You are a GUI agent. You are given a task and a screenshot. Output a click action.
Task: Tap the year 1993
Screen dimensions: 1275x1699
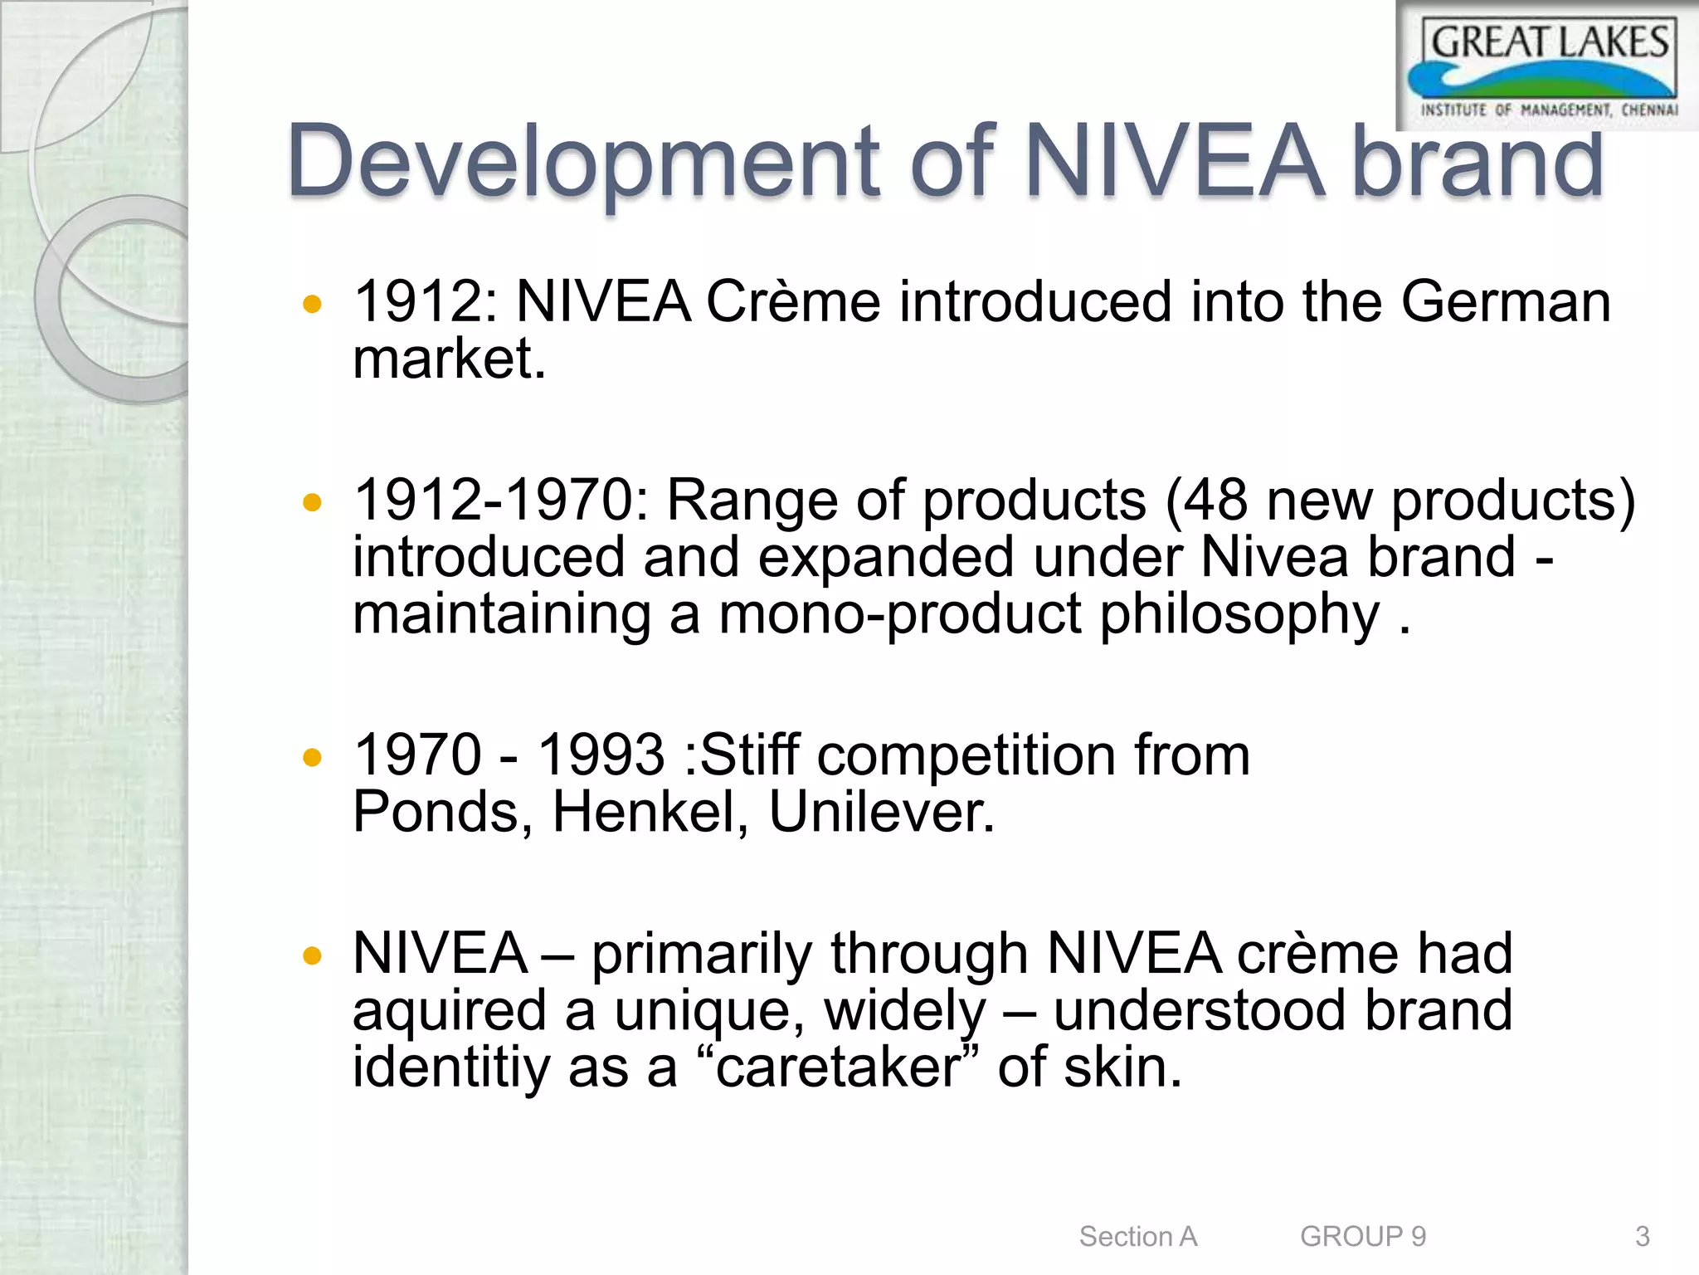tap(601, 755)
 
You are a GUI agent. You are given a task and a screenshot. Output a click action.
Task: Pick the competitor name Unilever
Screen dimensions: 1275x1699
tap(881, 812)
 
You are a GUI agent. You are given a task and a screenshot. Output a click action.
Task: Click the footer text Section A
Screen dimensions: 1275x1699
tap(1138, 1237)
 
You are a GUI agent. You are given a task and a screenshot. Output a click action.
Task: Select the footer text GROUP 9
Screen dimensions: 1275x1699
tap(1363, 1237)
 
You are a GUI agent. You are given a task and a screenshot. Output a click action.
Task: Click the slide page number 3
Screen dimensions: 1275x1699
tap(1642, 1237)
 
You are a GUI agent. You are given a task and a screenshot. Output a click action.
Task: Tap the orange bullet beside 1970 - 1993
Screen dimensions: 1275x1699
tap(313, 757)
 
